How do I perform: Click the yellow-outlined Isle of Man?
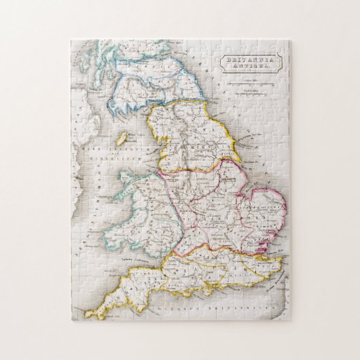click(x=121, y=138)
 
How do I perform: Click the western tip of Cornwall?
click(x=89, y=314)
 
